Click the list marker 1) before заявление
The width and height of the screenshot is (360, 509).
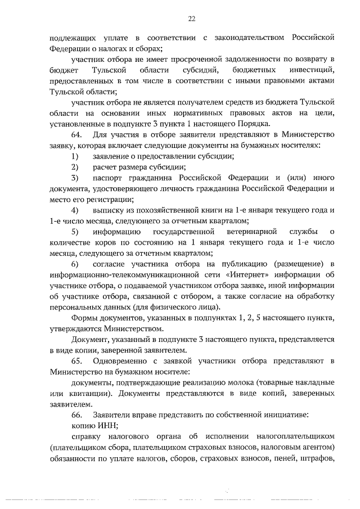tap(75, 156)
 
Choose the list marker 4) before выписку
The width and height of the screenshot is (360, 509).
tap(75, 209)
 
